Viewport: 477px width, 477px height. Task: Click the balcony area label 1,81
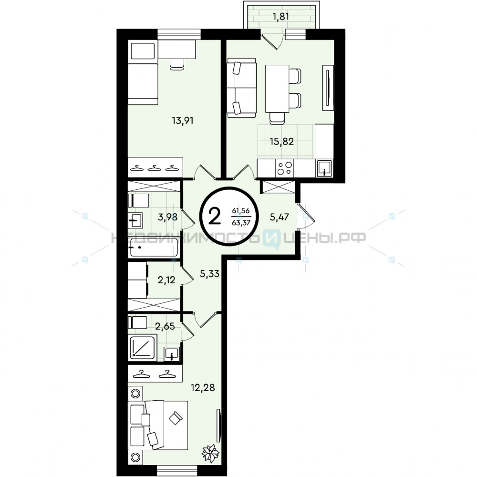click(x=280, y=16)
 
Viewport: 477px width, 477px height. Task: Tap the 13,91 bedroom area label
click(x=183, y=121)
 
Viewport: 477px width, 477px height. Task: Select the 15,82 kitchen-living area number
click(x=282, y=142)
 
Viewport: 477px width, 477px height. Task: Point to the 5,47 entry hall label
click(x=279, y=217)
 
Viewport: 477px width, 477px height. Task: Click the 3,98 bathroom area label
click(x=167, y=217)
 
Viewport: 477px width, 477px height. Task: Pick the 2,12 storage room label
click(x=166, y=280)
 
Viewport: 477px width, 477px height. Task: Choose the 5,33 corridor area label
click(x=209, y=273)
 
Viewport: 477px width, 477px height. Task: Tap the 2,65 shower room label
click(x=165, y=326)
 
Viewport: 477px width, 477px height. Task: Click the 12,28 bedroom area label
click(x=203, y=387)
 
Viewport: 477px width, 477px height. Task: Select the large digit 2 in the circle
click(x=215, y=217)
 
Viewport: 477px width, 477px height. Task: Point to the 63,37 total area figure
click(x=241, y=223)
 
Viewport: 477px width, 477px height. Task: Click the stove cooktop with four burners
click(x=285, y=168)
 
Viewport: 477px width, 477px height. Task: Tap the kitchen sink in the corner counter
click(x=324, y=168)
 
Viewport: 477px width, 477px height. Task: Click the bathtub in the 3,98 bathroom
click(x=153, y=247)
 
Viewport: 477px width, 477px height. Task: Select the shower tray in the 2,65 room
click(x=143, y=347)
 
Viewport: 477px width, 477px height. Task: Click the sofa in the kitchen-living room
click(x=241, y=88)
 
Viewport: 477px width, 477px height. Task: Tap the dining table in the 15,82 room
click(x=277, y=89)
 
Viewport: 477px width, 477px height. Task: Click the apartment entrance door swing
click(x=307, y=217)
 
